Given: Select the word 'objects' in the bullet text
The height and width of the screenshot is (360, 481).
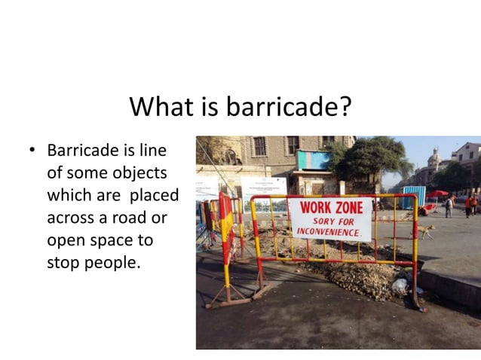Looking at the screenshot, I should [x=140, y=172].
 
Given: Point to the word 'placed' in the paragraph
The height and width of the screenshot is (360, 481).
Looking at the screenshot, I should [x=154, y=195].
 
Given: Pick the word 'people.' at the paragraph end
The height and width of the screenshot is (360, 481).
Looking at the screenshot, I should [x=114, y=264].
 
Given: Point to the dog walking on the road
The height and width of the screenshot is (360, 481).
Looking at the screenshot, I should [x=427, y=230].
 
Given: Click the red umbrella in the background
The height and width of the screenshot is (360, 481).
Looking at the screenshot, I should [x=437, y=194].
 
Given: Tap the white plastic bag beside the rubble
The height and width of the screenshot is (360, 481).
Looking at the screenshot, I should [x=400, y=285].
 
